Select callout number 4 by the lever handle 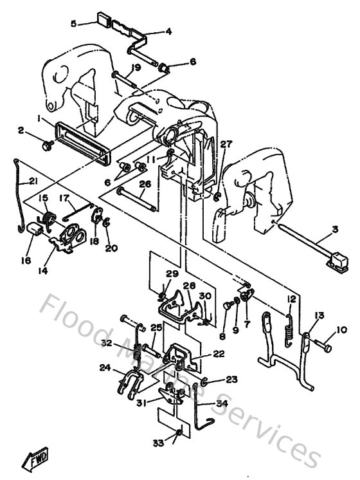click(x=168, y=31)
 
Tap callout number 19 click(x=136, y=67)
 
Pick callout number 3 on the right click(x=335, y=230)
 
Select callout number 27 click(x=224, y=145)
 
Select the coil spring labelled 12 click(x=289, y=326)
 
